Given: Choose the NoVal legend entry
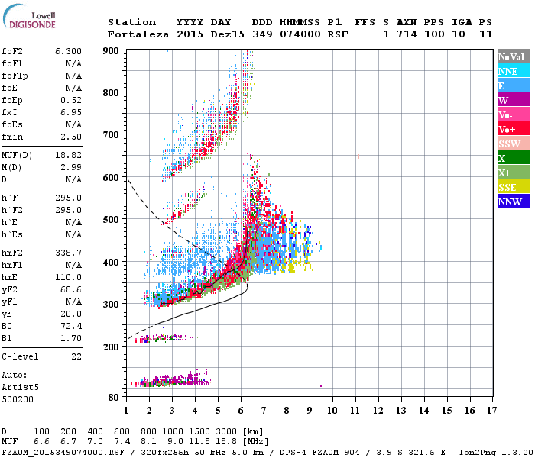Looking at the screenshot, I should pos(514,56).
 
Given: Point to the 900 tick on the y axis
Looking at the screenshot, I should pos(112,50).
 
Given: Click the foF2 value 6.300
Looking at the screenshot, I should pos(67,51).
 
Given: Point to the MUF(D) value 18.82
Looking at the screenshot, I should pos(67,155).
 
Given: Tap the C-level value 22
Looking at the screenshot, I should pos(76,356).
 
